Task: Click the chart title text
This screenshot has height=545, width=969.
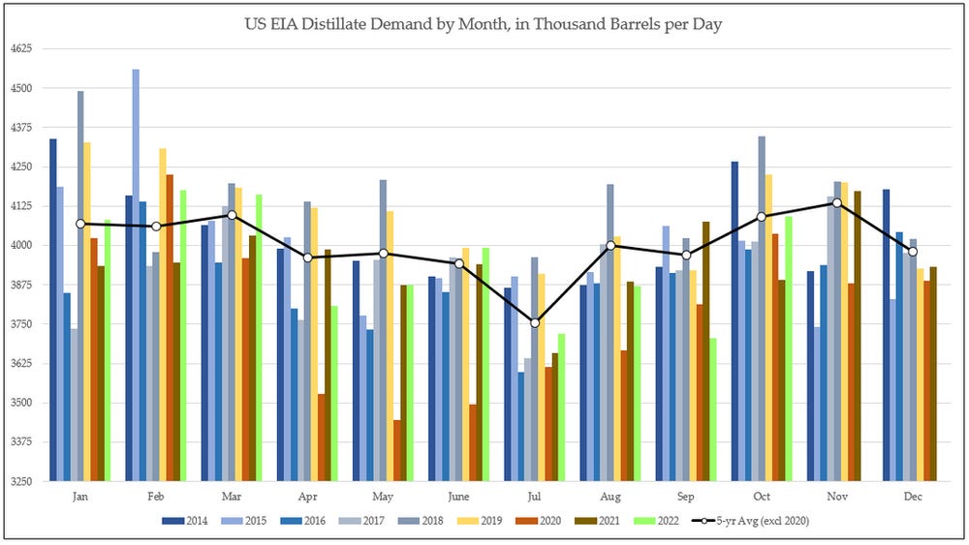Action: click(484, 23)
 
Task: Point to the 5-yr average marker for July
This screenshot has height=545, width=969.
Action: click(535, 322)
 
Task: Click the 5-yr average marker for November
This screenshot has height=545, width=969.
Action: click(837, 202)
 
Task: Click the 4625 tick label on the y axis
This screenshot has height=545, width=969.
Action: click(21, 48)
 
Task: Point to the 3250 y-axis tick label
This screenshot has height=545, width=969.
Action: click(21, 481)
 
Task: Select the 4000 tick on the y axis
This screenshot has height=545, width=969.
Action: click(21, 245)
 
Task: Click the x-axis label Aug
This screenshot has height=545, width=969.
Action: click(610, 497)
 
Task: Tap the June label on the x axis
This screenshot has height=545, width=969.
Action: click(459, 497)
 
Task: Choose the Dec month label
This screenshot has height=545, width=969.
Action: click(913, 497)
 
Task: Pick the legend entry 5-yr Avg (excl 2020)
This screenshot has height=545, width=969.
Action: click(754, 522)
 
